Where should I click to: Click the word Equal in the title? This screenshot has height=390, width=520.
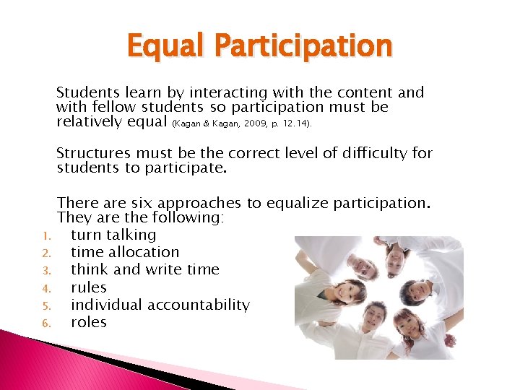(160, 46)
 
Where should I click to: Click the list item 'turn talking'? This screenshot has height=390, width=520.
(113, 235)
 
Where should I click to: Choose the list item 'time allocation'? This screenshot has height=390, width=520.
(125, 252)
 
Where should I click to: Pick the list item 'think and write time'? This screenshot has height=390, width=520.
(144, 269)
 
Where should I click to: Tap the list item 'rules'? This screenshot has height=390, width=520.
(89, 287)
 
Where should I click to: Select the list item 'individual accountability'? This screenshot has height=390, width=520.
(160, 305)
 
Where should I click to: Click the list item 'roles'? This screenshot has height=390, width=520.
(89, 322)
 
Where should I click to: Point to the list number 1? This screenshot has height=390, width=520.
(44, 235)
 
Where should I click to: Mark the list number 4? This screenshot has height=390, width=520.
(44, 288)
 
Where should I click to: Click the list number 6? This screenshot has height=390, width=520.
(44, 323)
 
